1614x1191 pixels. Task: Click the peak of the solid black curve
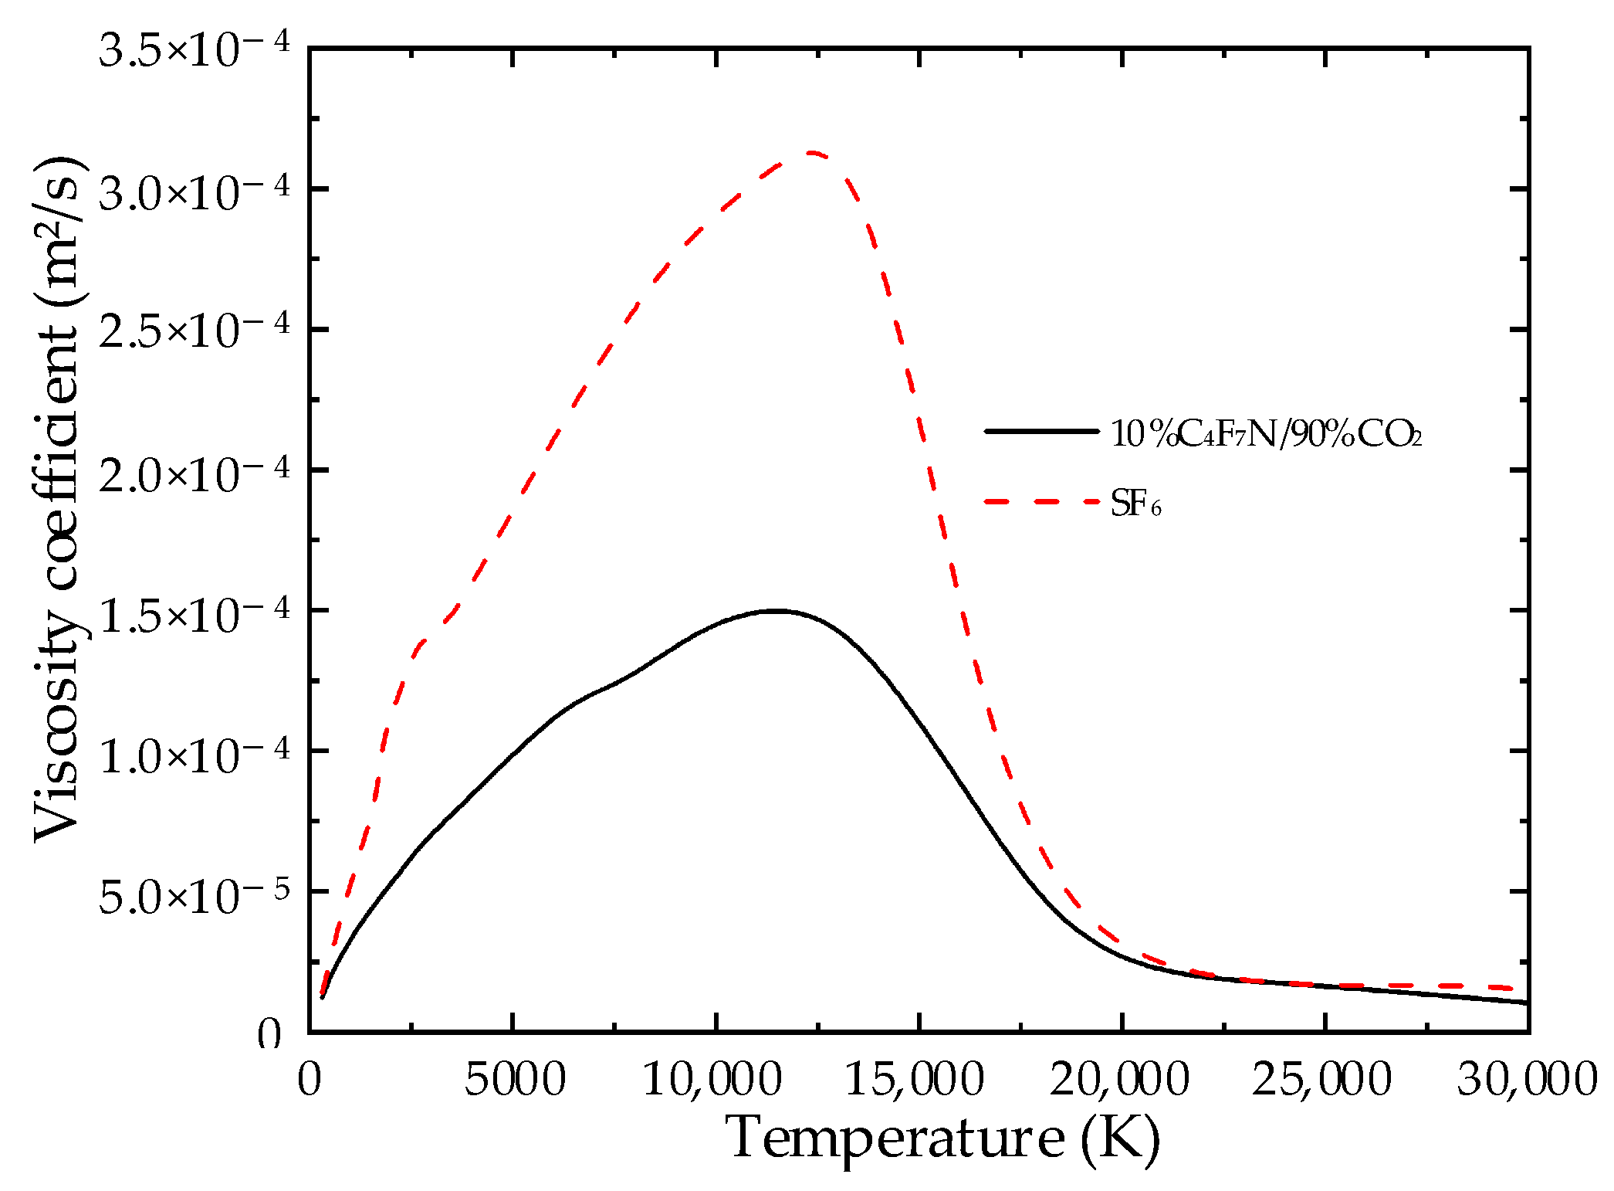pos(777,611)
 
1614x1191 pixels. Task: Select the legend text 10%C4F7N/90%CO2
pos(1266,435)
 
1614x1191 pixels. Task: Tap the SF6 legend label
pos(1135,504)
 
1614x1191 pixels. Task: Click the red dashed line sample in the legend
pos(1041,502)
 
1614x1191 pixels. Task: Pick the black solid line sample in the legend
pos(1041,431)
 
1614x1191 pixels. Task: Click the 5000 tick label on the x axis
pos(514,1079)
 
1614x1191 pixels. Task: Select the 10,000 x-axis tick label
pos(712,1079)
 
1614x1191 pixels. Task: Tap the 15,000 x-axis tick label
pos(915,1079)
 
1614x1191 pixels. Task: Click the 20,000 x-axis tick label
pos(1119,1079)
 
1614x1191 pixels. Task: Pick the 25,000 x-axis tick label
pos(1321,1079)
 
